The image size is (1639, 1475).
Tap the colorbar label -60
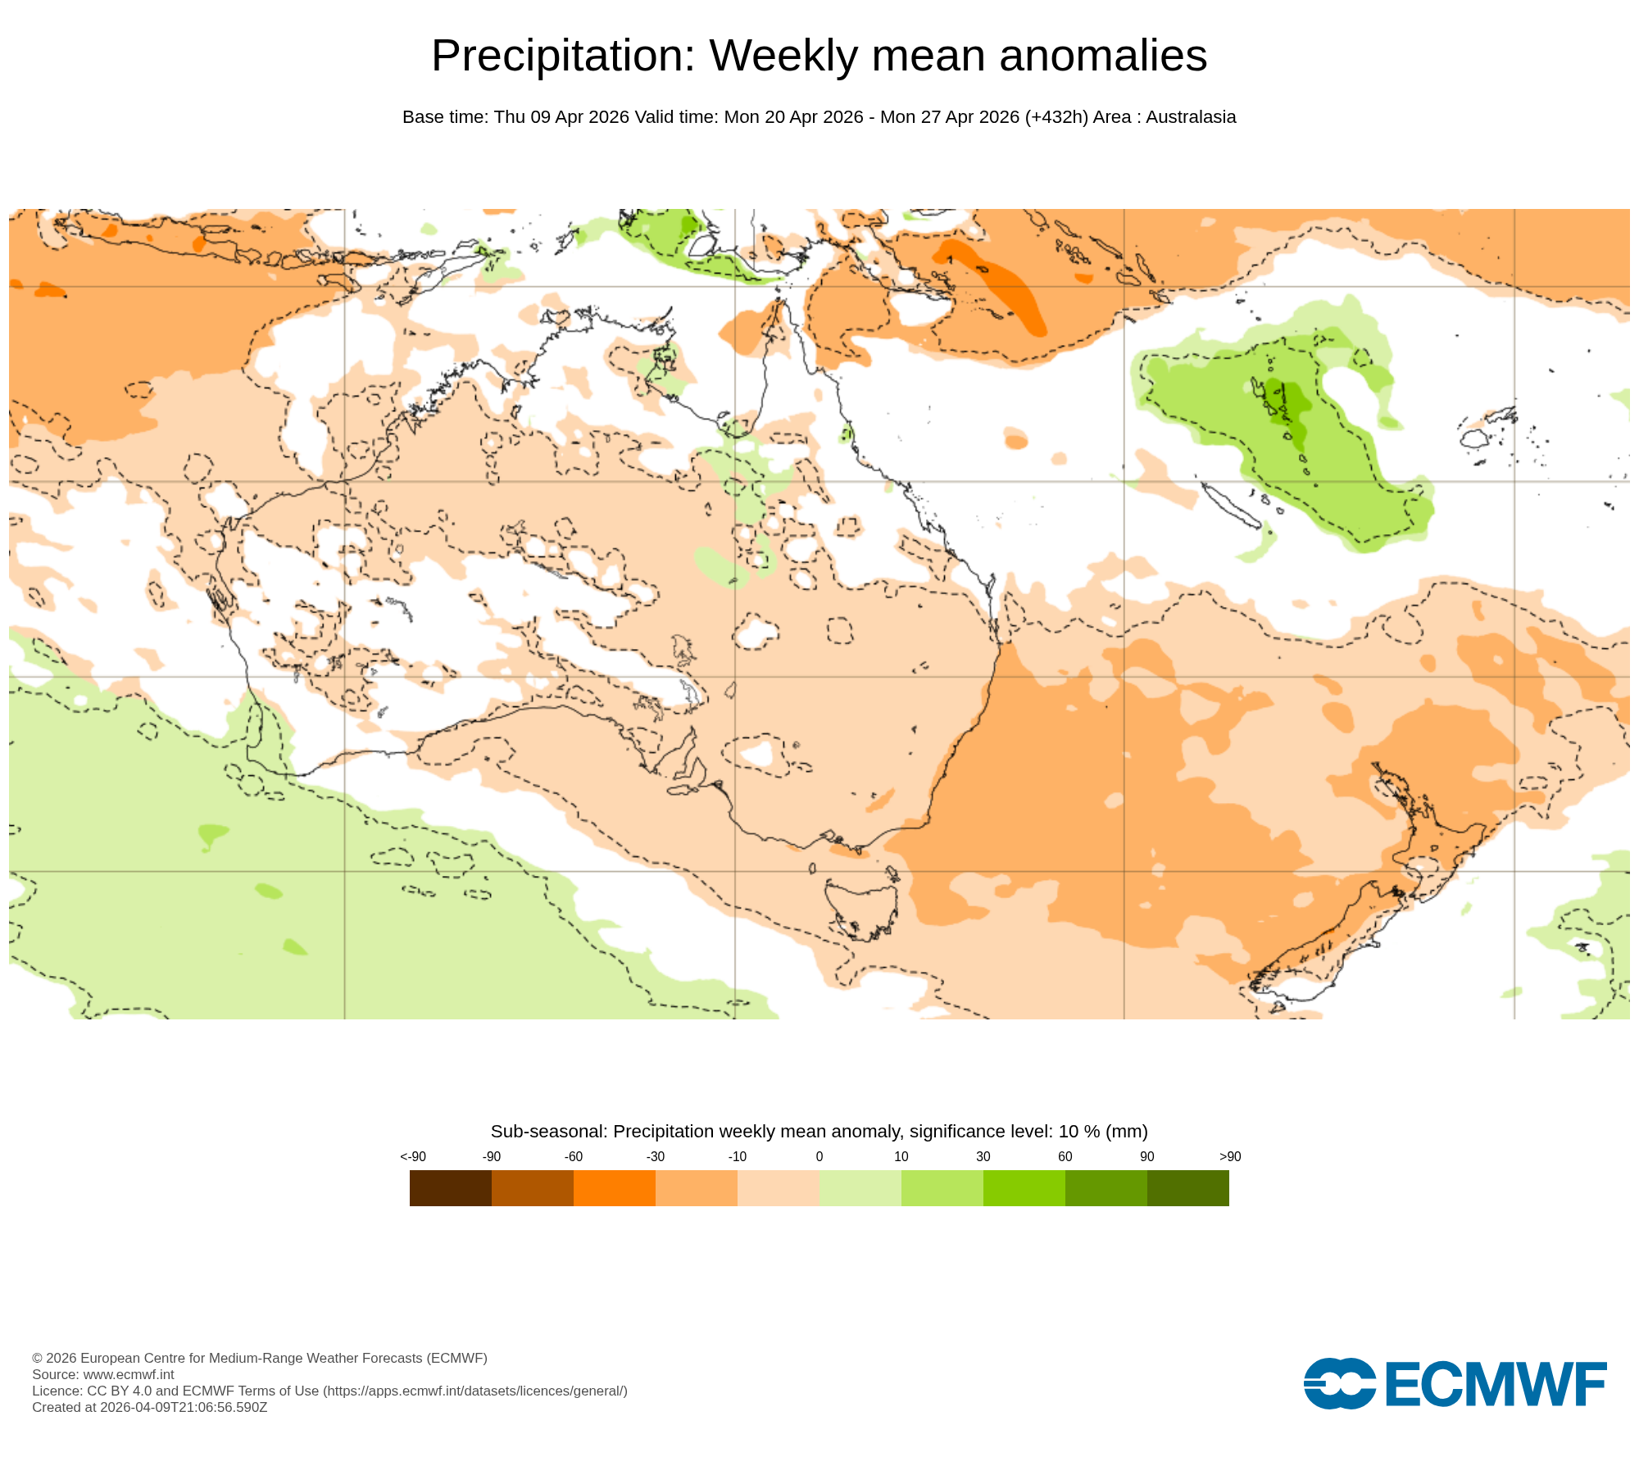coord(574,1156)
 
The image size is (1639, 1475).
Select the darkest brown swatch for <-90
coord(451,1187)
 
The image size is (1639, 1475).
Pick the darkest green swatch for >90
coord(1188,1187)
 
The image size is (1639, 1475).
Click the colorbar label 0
coord(819,1156)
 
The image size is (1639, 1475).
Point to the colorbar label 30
coord(983,1156)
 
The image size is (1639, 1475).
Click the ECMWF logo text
coord(1496,1384)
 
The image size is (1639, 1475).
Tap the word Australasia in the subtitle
coord(1191,117)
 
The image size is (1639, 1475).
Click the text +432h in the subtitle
coord(1056,117)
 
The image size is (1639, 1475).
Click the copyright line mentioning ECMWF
coord(260,1358)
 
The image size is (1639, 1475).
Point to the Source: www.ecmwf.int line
coord(103,1374)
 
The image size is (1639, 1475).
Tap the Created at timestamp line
coord(150,1407)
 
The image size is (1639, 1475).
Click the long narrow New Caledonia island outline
coord(1229,505)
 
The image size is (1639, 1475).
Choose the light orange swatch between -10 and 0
coord(779,1187)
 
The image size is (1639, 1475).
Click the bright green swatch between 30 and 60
coord(1024,1187)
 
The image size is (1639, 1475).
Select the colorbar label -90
coord(492,1156)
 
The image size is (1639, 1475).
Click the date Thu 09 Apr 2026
coord(561,117)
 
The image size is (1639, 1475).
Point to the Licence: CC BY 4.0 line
coord(329,1391)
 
